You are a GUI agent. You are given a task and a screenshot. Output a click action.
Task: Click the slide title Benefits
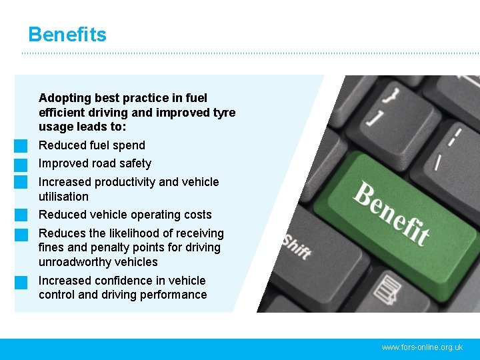pyautogui.click(x=67, y=35)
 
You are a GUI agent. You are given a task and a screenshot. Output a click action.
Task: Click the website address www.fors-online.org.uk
pyautogui.click(x=422, y=347)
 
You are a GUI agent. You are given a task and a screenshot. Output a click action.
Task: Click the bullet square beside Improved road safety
pyautogui.click(x=21, y=164)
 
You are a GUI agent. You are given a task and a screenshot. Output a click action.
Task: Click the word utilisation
pyautogui.click(x=63, y=197)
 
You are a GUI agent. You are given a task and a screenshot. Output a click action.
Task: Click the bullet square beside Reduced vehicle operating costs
pyautogui.click(x=21, y=215)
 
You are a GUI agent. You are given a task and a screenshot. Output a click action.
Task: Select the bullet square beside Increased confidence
pyautogui.click(x=21, y=281)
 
